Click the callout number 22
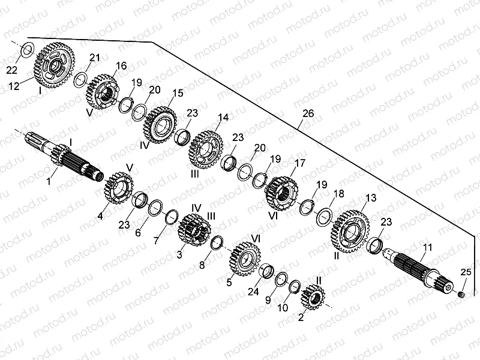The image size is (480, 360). coord(12,71)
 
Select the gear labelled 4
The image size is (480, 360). coord(119,188)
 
